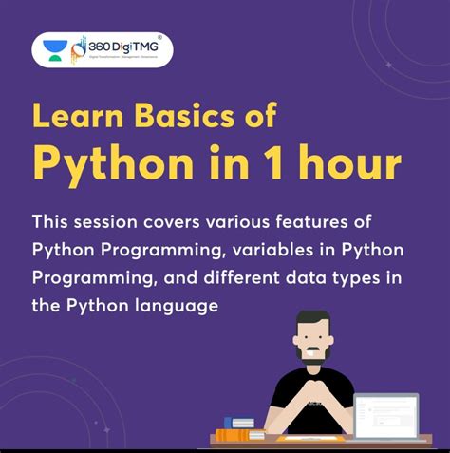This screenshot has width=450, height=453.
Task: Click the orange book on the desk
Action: pyautogui.click(x=232, y=435)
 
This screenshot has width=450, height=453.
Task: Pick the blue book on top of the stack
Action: pyautogui.click(x=238, y=422)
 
